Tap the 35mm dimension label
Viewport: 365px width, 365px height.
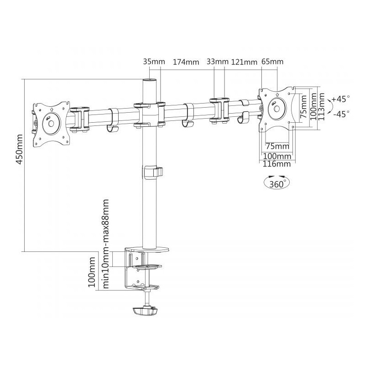click(x=154, y=62)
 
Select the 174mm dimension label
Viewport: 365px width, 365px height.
click(x=186, y=62)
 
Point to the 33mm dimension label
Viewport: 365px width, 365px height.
click(x=218, y=62)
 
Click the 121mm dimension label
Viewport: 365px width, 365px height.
click(x=244, y=62)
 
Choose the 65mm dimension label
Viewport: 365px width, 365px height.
click(x=272, y=62)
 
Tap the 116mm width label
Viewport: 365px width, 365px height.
click(x=277, y=164)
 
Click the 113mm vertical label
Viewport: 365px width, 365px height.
click(x=321, y=106)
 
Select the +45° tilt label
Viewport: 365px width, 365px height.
click(x=341, y=99)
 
